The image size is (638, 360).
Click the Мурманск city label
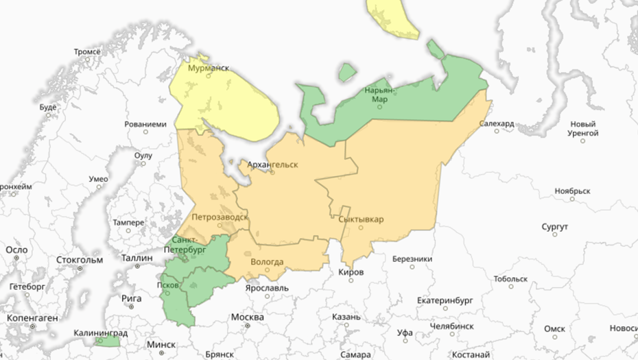click(209, 69)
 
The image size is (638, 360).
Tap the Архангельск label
click(272, 165)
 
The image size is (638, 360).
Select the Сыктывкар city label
click(361, 219)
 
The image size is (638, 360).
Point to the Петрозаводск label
click(220, 217)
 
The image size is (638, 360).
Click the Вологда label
click(267, 261)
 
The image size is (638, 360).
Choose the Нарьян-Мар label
click(379, 95)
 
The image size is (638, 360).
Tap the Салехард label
click(497, 124)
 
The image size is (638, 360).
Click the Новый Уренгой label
click(582, 128)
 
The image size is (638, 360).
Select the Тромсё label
click(87, 52)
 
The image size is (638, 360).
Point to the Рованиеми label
click(145, 125)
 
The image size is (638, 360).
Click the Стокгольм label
click(79, 261)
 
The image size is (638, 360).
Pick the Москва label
click(247, 317)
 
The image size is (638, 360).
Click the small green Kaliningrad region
click(108, 341)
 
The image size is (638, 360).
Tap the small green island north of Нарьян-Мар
click(348, 71)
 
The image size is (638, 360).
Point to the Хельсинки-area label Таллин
click(136, 258)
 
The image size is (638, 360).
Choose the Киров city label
click(351, 273)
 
